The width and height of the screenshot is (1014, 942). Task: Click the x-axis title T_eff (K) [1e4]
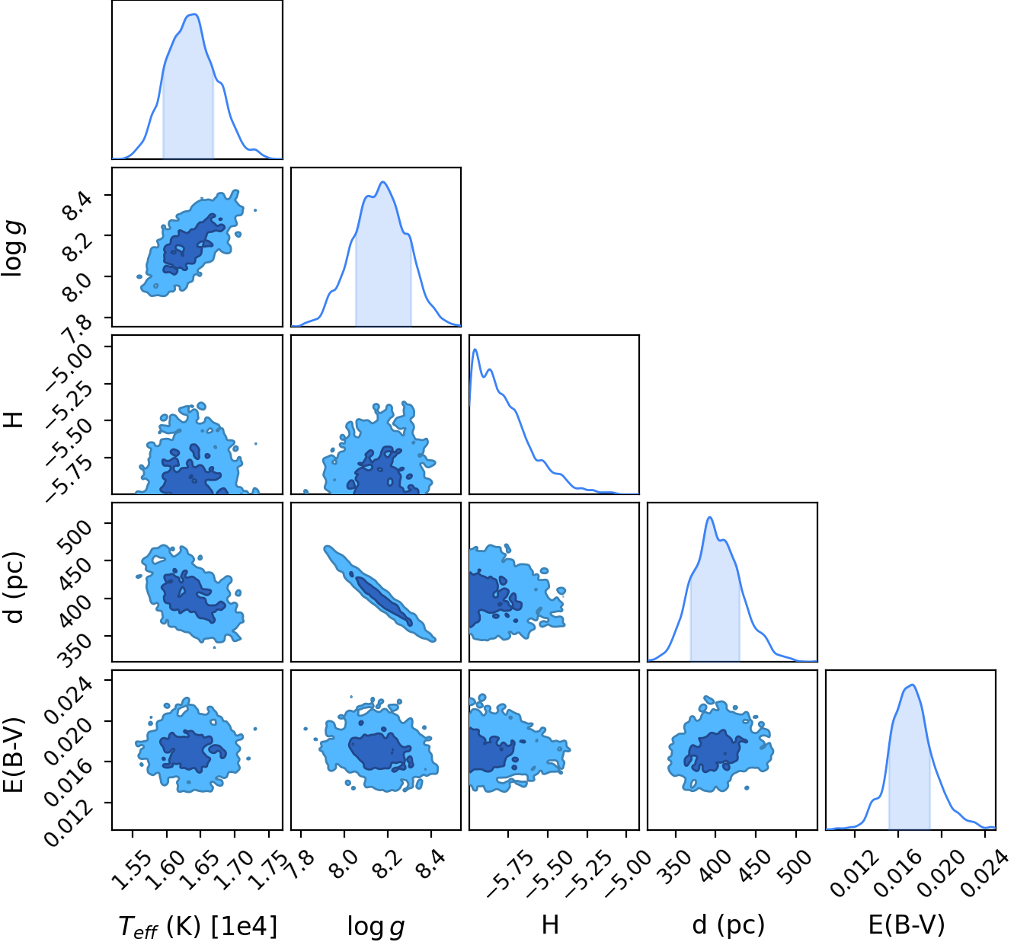pos(197,926)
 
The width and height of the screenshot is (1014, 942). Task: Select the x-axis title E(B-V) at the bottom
pos(907,924)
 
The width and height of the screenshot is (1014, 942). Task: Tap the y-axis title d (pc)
pos(14,588)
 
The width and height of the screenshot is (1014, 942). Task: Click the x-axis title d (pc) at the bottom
pos(728,924)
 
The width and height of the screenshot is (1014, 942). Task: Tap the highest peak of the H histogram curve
pos(475,350)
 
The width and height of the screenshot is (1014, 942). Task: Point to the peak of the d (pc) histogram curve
pos(710,518)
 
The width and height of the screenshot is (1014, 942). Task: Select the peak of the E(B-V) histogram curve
pos(913,685)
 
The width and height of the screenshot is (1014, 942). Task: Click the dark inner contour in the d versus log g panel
pos(383,601)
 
